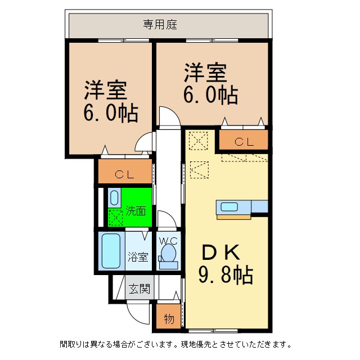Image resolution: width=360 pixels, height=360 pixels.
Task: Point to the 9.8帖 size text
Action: click(x=224, y=275)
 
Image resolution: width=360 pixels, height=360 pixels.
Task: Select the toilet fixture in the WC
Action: click(x=168, y=256)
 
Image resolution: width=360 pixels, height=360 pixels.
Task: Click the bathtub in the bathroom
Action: click(x=111, y=251)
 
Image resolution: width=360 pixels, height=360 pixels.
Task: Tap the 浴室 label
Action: click(x=138, y=257)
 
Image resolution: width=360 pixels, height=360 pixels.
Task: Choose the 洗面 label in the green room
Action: click(x=136, y=211)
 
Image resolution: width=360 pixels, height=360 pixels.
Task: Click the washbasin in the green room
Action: click(x=114, y=198)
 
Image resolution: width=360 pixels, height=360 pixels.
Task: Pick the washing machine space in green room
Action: click(x=115, y=216)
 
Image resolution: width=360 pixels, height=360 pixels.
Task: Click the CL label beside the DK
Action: click(x=244, y=142)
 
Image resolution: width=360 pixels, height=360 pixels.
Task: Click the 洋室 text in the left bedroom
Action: click(x=105, y=90)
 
